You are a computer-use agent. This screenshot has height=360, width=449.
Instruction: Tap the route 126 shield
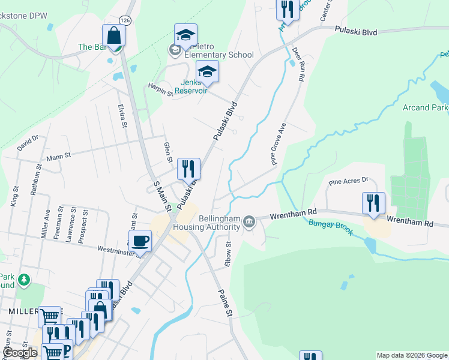pos(124,20)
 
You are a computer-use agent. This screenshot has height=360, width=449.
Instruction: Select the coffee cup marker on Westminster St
pos(140,242)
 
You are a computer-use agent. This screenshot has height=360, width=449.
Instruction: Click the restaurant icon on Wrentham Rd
pos(373,204)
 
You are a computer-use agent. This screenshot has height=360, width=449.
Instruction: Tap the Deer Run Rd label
pos(297,64)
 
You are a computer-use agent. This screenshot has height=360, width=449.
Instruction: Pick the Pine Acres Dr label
pos(348,181)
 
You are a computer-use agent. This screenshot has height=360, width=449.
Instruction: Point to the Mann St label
pos(59,156)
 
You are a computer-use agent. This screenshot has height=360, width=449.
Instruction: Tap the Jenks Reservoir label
pos(191,87)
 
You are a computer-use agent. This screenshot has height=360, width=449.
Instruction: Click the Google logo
pos(19,353)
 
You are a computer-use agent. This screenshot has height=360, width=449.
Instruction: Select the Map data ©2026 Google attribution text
pos(411,355)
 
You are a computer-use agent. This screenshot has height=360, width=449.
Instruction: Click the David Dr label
pos(28,143)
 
